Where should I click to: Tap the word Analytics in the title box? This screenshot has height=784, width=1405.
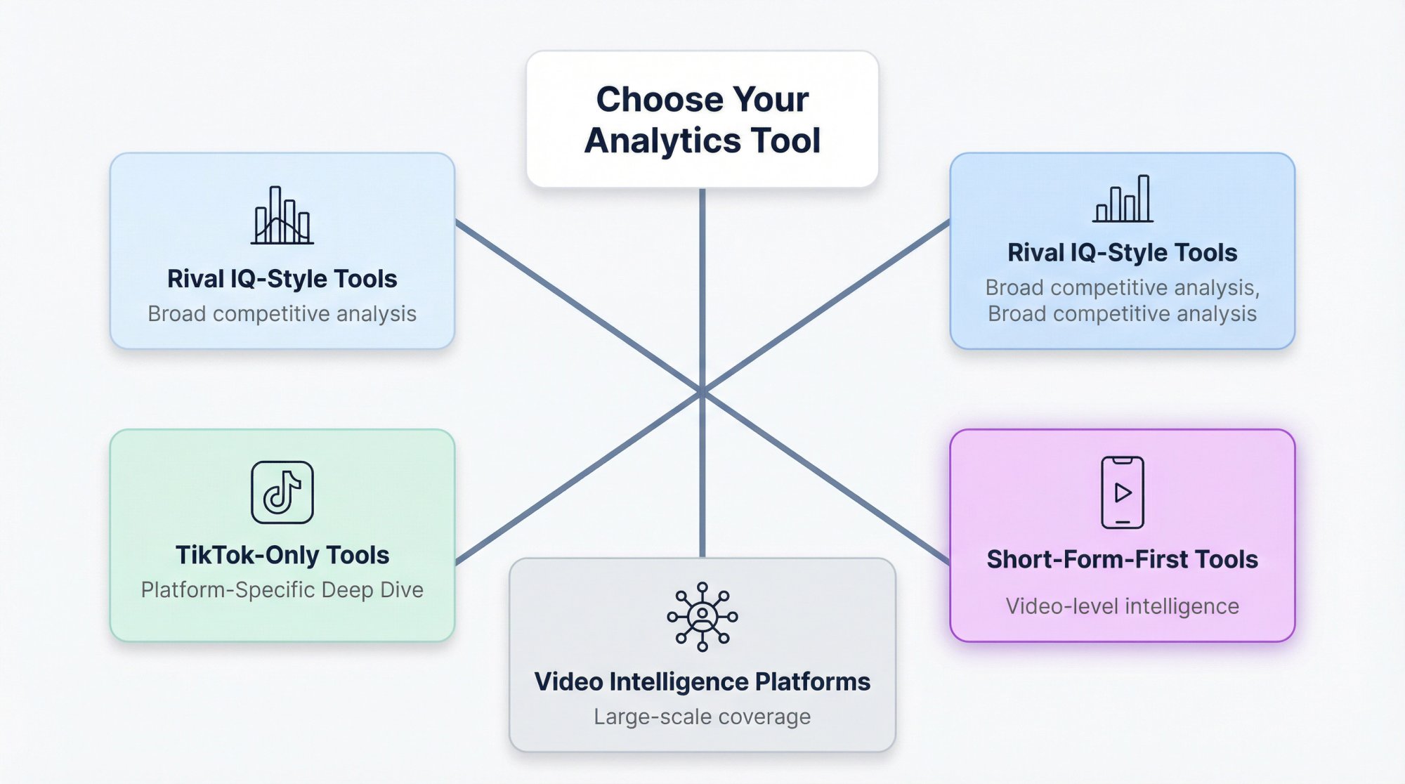tap(662, 141)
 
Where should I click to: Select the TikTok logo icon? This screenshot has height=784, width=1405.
tap(282, 492)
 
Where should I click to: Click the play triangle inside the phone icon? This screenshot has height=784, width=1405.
tap(1123, 492)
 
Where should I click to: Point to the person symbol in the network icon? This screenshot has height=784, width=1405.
tap(702, 616)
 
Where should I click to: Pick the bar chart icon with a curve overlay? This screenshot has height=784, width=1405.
tap(282, 216)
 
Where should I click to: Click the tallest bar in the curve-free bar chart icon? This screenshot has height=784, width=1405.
tap(1144, 198)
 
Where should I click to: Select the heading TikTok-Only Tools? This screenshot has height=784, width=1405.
tap(282, 555)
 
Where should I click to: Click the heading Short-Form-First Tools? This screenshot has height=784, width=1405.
tap(1122, 559)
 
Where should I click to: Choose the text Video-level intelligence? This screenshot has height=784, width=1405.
tap(1122, 606)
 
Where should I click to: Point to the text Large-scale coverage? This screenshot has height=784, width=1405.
tap(702, 717)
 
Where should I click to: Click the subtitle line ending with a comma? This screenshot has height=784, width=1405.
tap(1122, 287)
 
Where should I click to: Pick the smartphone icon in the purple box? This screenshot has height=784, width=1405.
tap(1123, 492)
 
